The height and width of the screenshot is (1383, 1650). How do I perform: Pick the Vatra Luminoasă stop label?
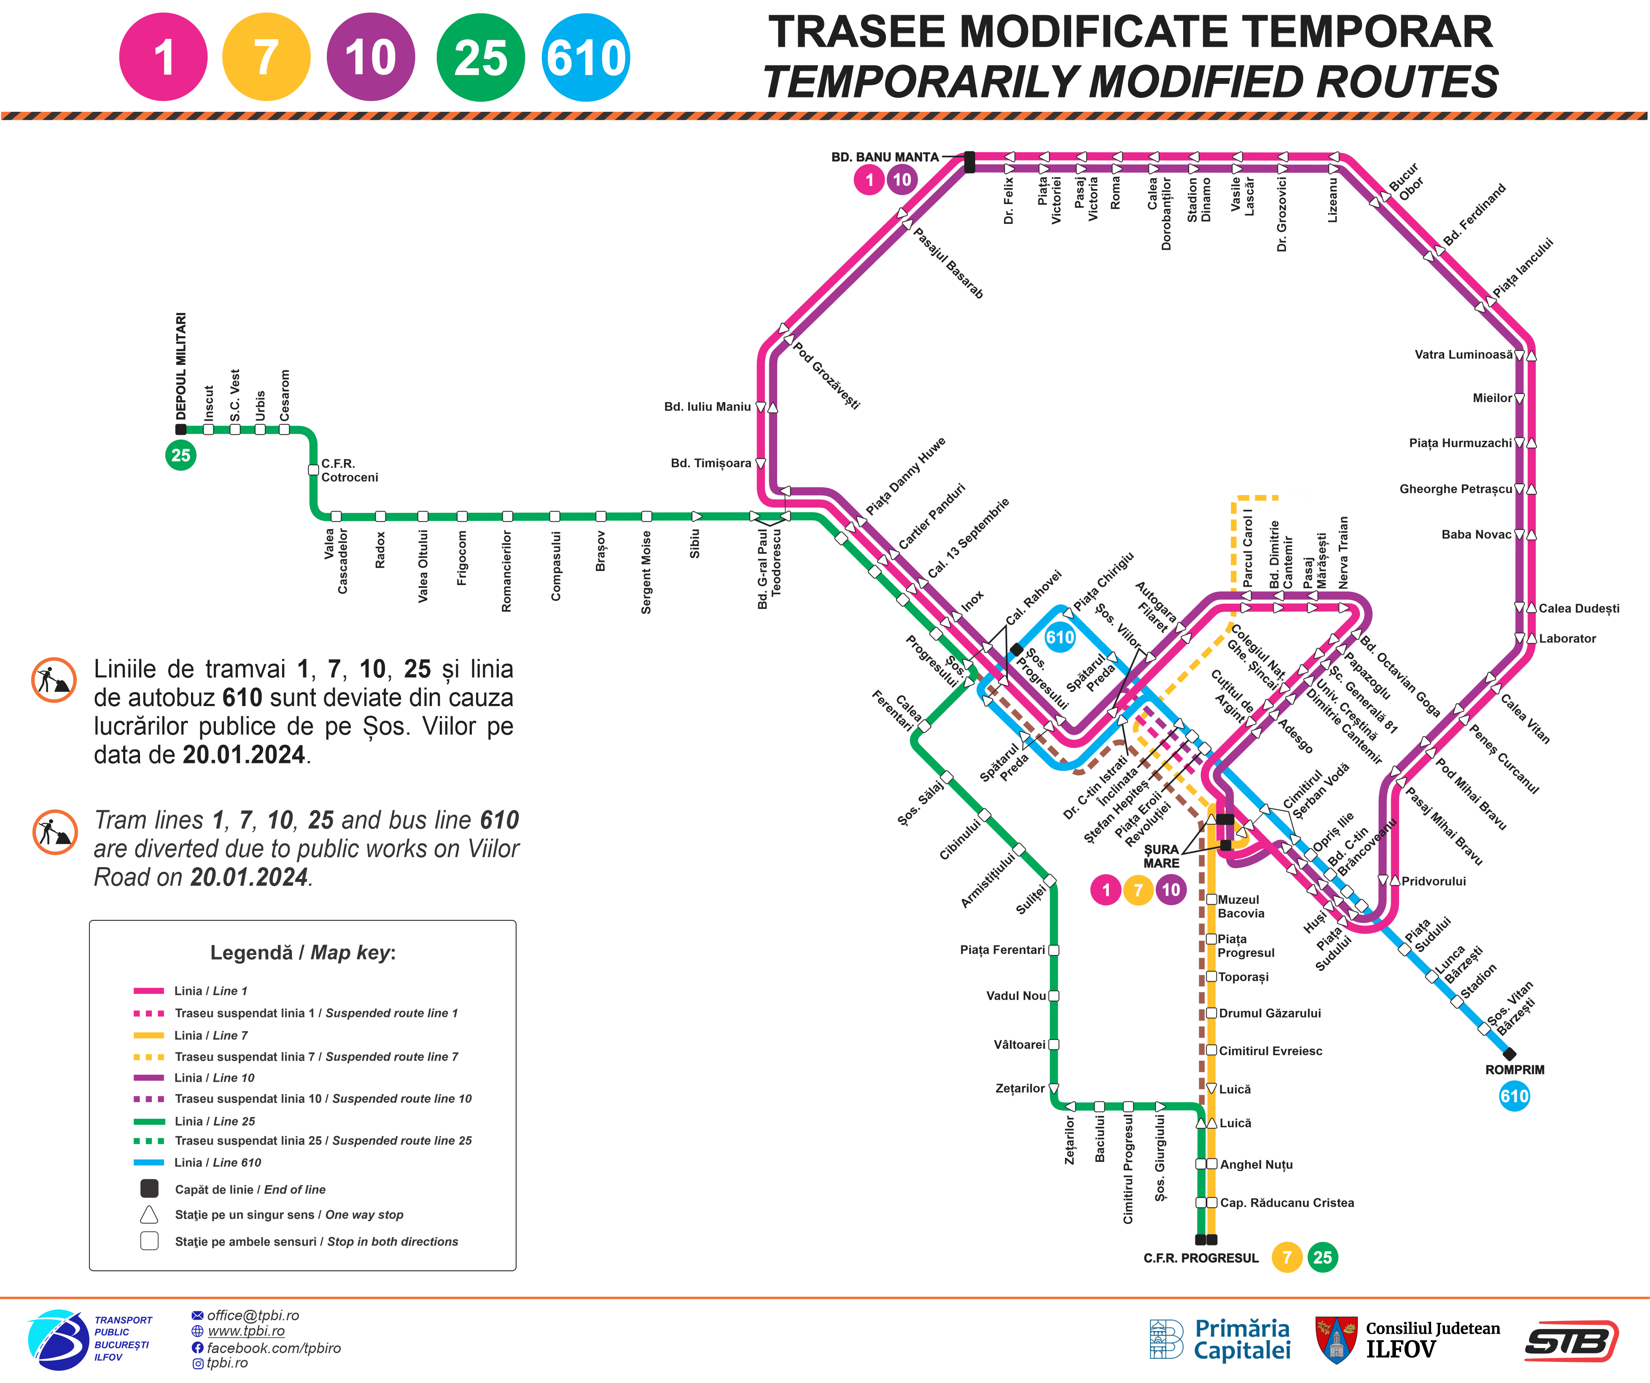1463,354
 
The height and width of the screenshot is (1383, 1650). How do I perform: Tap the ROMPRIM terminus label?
1514,1070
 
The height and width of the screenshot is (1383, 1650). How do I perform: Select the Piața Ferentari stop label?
1002,950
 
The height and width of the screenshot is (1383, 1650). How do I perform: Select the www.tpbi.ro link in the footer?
246,1331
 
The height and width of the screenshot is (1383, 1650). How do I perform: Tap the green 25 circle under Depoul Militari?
181,455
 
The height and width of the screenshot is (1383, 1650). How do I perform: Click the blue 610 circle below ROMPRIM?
1514,1096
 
